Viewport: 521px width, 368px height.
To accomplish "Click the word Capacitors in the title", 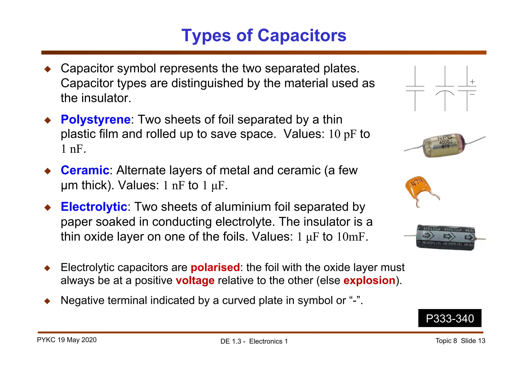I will tap(302, 35).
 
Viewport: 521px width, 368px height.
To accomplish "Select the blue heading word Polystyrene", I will tap(96, 120).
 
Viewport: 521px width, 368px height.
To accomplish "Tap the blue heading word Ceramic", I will tap(85, 170).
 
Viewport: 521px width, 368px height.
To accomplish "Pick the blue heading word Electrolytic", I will tap(94, 207).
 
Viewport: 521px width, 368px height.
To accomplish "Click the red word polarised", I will tap(215, 267).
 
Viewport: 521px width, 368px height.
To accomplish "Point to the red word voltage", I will tap(195, 281).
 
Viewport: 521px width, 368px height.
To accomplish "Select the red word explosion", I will tap(369, 281).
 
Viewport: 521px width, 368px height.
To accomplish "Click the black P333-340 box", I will tap(450, 318).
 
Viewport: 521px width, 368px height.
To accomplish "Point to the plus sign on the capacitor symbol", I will tap(472, 82).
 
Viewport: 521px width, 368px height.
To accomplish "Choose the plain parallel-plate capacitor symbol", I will tap(415, 89).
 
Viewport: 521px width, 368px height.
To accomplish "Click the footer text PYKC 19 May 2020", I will tap(67, 340).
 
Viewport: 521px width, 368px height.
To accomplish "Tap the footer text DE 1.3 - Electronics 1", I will tap(254, 341).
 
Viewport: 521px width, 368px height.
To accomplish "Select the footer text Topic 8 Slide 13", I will tap(460, 341).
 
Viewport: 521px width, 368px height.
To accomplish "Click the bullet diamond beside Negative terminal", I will tap(47, 301).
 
